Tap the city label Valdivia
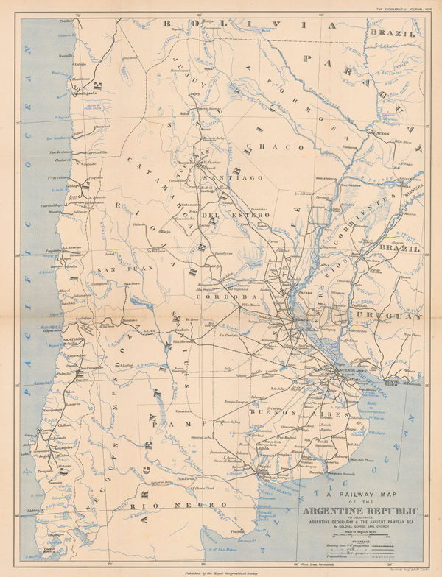32,489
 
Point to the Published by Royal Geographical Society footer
221,570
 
